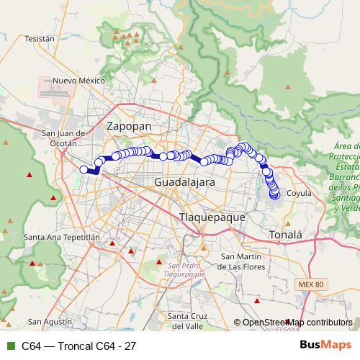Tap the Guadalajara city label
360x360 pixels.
(184, 183)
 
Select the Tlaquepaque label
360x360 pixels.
(212, 216)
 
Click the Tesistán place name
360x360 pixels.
(40, 38)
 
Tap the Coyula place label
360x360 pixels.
(299, 193)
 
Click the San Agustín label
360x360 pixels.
(48, 321)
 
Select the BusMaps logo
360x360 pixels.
(330, 346)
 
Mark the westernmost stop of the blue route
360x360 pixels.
(84, 169)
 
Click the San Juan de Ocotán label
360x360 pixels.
(66, 138)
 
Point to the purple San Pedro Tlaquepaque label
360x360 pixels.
(185, 270)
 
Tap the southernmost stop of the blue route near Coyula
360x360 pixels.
(274, 194)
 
